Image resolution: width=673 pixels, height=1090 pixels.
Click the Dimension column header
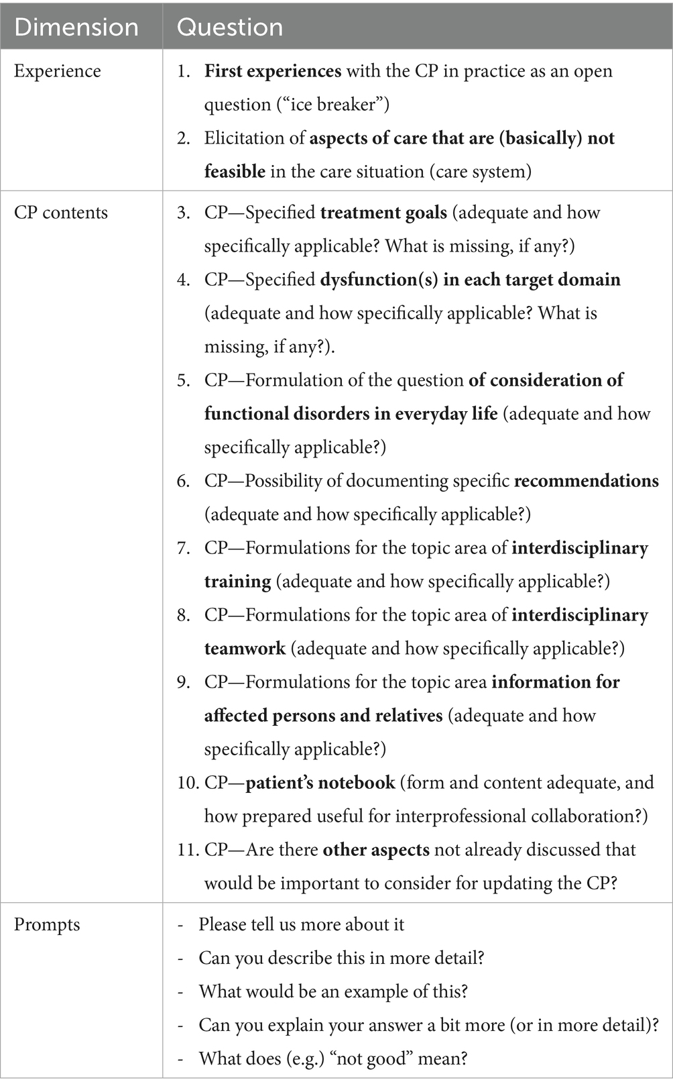(76, 28)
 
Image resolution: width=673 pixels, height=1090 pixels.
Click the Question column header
(230, 28)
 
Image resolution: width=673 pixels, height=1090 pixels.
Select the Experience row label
(58, 71)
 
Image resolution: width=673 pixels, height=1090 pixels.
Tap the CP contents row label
(61, 213)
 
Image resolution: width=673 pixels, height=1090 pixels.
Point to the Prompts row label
(47, 924)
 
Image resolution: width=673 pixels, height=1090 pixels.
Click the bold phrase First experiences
(273, 71)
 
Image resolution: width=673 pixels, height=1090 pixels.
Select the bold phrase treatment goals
(383, 213)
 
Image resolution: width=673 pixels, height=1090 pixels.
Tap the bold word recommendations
(586, 481)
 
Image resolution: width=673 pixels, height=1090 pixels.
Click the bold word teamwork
(245, 649)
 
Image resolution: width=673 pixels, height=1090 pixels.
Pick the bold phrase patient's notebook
(320, 783)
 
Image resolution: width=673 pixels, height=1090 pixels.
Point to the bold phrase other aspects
(376, 850)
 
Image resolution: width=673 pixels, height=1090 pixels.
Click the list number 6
(183, 481)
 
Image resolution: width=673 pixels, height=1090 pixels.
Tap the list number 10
(188, 783)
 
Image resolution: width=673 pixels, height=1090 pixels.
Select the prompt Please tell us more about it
(301, 924)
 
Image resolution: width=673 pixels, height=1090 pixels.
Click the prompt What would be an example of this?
(333, 991)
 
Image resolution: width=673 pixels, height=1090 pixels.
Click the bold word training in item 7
(237, 582)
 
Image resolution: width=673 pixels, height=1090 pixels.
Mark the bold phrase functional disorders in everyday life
(351, 414)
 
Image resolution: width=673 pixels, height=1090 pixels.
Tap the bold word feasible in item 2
(235, 172)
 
